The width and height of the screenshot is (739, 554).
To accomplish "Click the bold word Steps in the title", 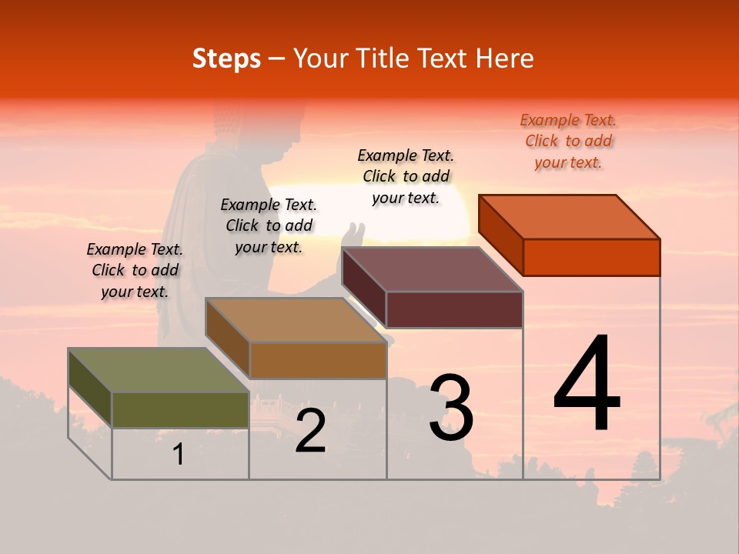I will (226, 58).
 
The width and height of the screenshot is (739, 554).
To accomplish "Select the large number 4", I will (587, 385).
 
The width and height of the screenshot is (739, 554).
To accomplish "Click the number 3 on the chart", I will (451, 409).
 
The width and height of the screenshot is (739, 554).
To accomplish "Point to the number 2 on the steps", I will (310, 432).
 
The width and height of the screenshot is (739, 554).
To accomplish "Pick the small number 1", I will (179, 455).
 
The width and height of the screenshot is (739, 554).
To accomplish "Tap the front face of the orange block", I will (591, 257).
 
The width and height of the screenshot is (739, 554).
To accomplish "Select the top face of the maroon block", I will (433, 269).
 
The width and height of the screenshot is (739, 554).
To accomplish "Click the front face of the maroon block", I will (454, 309).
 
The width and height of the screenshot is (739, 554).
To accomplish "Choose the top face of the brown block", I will (296, 320).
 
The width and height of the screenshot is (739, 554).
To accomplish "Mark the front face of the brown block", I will (318, 360).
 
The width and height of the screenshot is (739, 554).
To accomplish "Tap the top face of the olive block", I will (159, 370).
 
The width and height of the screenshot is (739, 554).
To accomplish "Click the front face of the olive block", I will (180, 409).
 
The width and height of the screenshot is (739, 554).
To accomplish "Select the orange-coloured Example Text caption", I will (569, 142).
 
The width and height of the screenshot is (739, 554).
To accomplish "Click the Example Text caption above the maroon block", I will (406, 176).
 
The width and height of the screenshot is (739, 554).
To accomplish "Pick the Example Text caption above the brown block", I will (269, 225).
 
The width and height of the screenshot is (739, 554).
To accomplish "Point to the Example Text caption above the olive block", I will (135, 270).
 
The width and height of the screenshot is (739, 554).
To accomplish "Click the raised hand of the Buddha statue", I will (354, 232).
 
